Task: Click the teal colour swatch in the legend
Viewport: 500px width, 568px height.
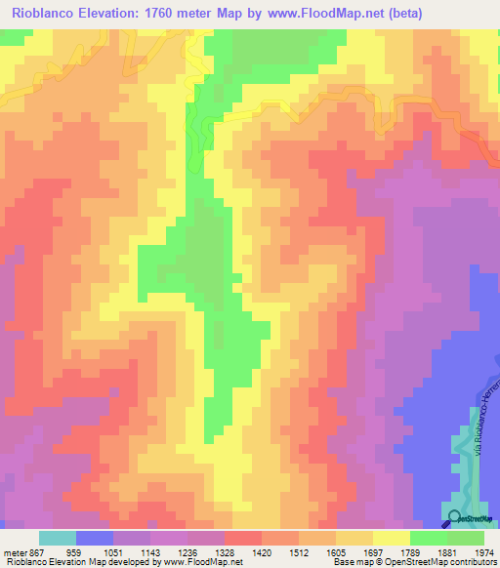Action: point(57,538)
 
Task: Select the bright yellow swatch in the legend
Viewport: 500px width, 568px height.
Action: point(392,538)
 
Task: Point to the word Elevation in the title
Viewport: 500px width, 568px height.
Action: point(118,14)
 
